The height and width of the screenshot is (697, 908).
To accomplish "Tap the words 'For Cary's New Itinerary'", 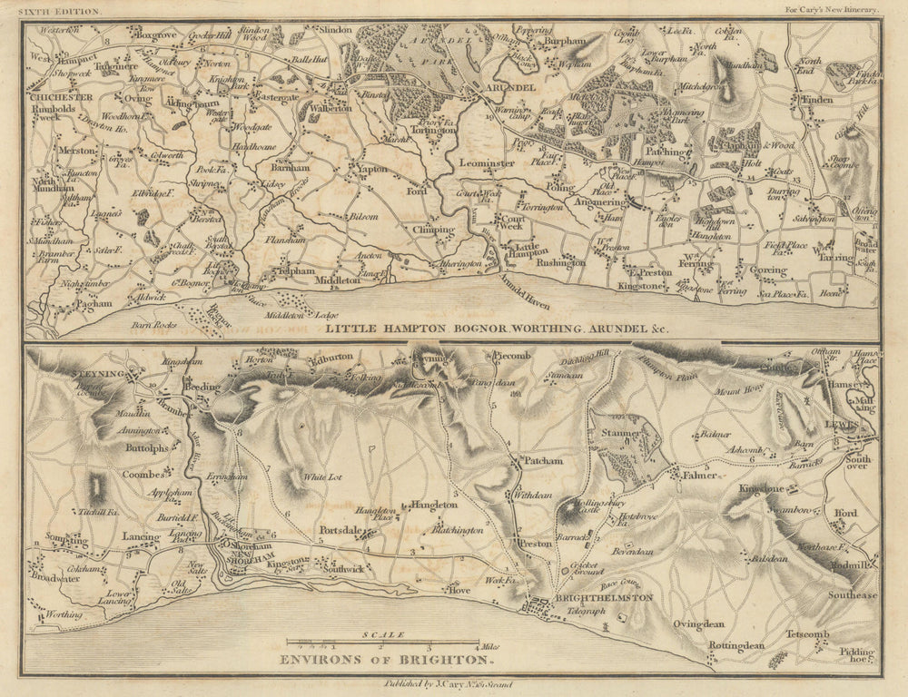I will [x=832, y=9].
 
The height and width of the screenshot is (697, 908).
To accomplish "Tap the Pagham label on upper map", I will [x=94, y=304].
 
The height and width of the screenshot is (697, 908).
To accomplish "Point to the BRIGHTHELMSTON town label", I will [x=590, y=600].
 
